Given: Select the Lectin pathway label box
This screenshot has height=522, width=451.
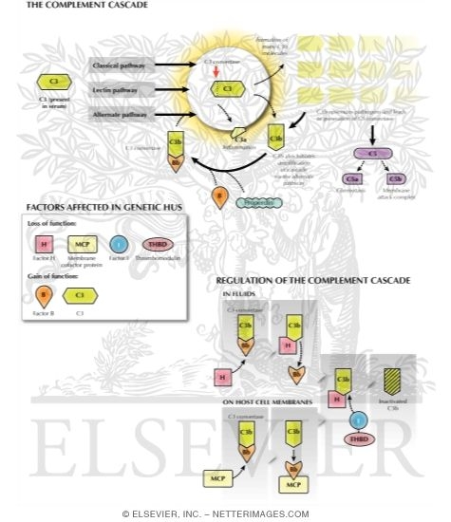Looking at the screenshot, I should (117, 91).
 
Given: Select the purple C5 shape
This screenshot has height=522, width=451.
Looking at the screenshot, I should (360, 152).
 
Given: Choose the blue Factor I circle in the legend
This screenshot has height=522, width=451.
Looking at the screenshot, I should (117, 245).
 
